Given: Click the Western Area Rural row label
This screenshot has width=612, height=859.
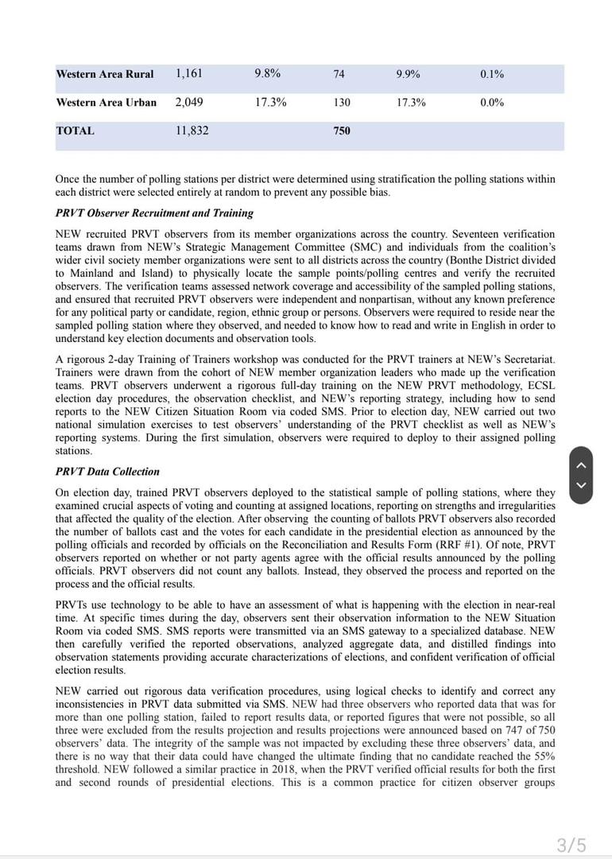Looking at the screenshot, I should [x=105, y=75].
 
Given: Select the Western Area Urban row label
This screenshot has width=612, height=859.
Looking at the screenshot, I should [x=107, y=103].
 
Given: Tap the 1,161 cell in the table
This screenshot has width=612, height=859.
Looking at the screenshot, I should [x=189, y=74].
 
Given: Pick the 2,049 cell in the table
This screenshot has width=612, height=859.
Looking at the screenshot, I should [x=189, y=103].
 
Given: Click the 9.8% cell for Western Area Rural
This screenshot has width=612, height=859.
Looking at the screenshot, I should [x=267, y=74].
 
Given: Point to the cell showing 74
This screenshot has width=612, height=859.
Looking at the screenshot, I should [x=339, y=75].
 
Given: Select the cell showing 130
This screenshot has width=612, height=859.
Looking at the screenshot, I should [x=342, y=103].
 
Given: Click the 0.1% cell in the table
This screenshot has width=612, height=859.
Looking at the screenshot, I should [x=492, y=75].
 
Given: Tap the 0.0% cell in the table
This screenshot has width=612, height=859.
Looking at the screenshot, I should [x=492, y=103].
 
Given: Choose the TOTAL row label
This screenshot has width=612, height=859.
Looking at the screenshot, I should [x=76, y=131].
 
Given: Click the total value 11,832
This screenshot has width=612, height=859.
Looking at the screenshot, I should [x=192, y=131].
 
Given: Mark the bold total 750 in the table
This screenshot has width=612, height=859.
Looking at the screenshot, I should [x=342, y=131].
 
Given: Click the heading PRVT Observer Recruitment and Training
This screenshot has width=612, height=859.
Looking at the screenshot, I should [x=154, y=213].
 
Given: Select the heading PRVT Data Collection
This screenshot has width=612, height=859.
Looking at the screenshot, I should [x=107, y=472].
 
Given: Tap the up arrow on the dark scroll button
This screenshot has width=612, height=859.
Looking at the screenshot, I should [x=581, y=464].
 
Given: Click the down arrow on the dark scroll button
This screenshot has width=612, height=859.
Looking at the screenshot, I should [x=581, y=485].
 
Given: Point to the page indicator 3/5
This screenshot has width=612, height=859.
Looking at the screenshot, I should [x=571, y=845].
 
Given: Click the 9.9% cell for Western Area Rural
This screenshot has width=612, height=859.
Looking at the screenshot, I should [x=409, y=75].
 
